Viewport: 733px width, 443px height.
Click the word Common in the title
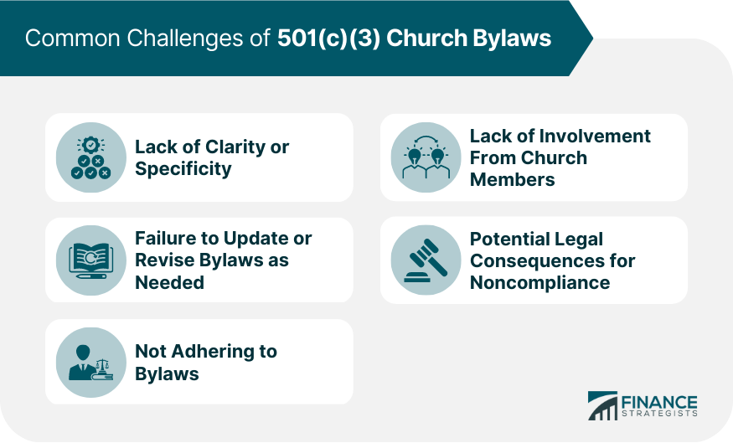coord(72,39)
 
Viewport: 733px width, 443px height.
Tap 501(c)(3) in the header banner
coord(328,39)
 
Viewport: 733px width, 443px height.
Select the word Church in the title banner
coord(426,38)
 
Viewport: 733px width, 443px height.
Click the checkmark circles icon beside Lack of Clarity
coord(91,157)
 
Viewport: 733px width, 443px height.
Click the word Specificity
coord(183,168)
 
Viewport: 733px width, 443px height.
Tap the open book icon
coord(91,260)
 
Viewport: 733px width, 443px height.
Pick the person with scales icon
coord(91,363)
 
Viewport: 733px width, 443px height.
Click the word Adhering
coord(211,352)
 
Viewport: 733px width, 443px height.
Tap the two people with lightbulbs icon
coord(426,157)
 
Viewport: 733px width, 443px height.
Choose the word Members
coord(513,179)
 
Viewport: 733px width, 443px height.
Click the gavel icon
coord(426,260)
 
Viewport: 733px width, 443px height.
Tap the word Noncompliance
coord(540,283)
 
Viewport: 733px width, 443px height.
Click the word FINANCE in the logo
coord(659,402)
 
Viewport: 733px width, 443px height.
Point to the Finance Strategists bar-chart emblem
coord(602,405)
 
